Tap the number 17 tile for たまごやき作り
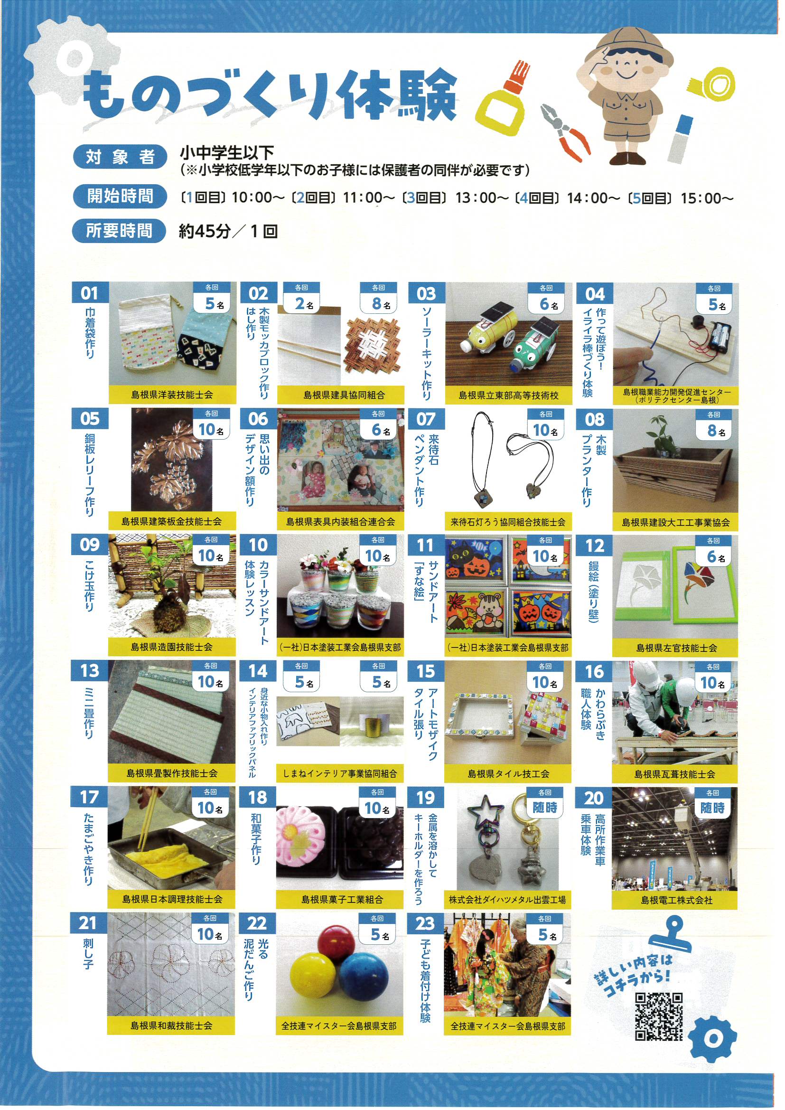(x=89, y=797)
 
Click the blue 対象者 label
(x=120, y=157)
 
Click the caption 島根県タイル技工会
(x=508, y=773)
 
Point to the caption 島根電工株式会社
(x=676, y=900)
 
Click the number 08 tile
(x=595, y=419)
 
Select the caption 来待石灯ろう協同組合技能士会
(x=507, y=522)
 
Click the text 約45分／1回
(x=229, y=231)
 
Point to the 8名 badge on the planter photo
(x=713, y=425)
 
